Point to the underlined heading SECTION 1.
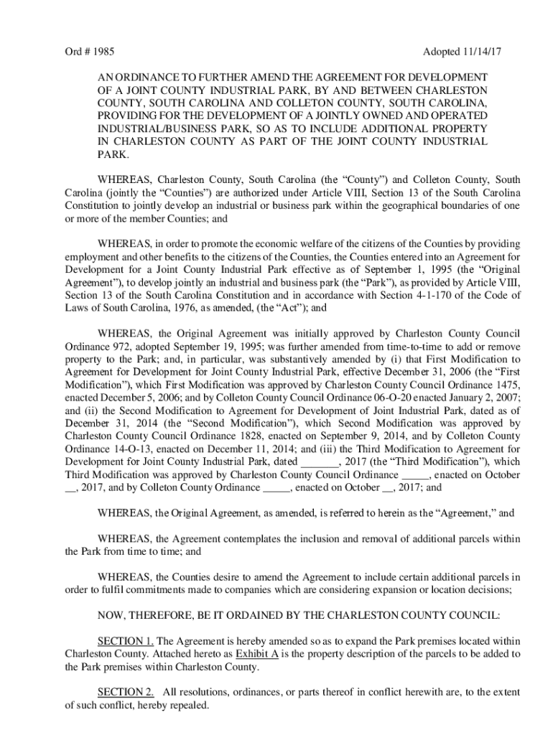point(125,640)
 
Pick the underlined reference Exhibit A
point(259,653)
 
